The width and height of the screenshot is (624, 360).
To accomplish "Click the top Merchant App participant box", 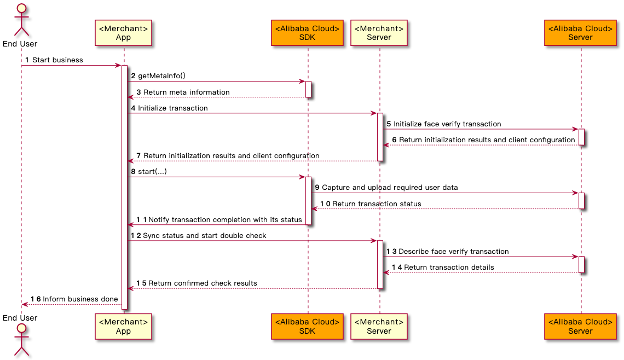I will pyautogui.click(x=123, y=33).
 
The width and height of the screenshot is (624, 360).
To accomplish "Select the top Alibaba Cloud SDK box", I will pyautogui.click(x=307, y=33).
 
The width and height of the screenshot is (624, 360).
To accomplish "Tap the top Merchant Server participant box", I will pyautogui.click(x=379, y=33).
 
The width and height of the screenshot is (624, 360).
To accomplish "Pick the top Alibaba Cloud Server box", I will pyautogui.click(x=580, y=33).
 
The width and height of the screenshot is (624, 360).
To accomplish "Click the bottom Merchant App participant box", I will pyautogui.click(x=123, y=326).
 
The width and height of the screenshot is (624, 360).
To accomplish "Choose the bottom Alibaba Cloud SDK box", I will pyautogui.click(x=307, y=326).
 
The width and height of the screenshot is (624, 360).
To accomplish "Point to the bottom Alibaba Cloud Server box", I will pyautogui.click(x=580, y=326).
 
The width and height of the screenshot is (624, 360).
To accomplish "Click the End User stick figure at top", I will pyautogui.click(x=21, y=19).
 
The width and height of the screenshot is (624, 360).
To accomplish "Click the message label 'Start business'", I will pyautogui.click(x=57, y=60).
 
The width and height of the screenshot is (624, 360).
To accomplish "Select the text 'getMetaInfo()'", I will pyautogui.click(x=161, y=76).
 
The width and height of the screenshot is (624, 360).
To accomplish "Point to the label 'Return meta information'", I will pyautogui.click(x=186, y=92).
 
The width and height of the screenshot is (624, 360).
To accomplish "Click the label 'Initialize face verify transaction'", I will pyautogui.click(x=447, y=124).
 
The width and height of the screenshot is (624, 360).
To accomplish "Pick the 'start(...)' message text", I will pyautogui.click(x=152, y=172).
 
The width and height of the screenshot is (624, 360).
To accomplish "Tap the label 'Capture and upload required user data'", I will pyautogui.click(x=390, y=188).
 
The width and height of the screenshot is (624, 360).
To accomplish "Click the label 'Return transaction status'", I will pyautogui.click(x=377, y=204).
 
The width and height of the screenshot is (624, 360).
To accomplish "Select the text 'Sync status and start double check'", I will pyautogui.click(x=204, y=235).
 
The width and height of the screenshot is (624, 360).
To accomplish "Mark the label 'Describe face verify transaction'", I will pyautogui.click(x=453, y=251).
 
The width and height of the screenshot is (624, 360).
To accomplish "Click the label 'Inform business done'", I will pyautogui.click(x=80, y=299).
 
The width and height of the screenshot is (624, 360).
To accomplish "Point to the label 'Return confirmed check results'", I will pyautogui.click(x=203, y=283).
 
